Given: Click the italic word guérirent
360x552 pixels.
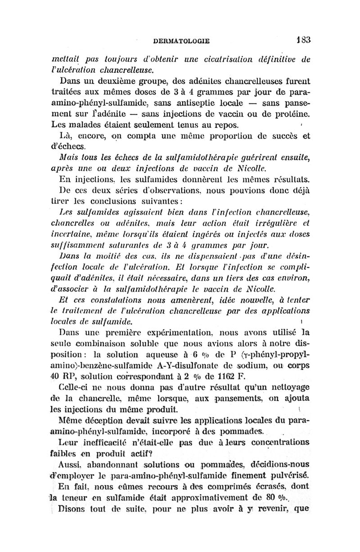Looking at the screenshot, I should pyautogui.click(x=248, y=157).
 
